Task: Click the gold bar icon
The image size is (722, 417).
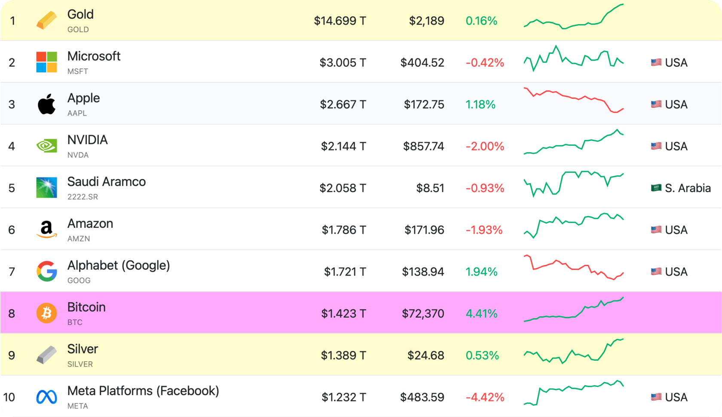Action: [x=46, y=21]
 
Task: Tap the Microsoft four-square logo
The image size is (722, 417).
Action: [x=46, y=62]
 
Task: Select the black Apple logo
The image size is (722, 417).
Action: [x=46, y=104]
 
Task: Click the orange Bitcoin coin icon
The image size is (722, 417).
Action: [x=46, y=313]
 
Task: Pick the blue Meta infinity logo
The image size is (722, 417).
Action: [x=46, y=397]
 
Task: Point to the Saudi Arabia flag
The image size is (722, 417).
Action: [x=656, y=188]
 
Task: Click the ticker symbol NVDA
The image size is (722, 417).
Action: [x=78, y=155]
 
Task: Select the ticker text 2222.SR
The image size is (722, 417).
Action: [x=83, y=197]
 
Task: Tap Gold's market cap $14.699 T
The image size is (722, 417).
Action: [x=340, y=21]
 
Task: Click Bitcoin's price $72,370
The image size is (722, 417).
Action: [x=423, y=313]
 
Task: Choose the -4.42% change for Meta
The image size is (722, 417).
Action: [x=485, y=397]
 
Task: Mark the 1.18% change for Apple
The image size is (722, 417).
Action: [x=480, y=104]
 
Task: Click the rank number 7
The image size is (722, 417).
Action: [x=12, y=272]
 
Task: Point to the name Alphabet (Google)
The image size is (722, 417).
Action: [x=119, y=265]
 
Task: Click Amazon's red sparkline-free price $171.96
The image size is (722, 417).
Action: [x=424, y=230]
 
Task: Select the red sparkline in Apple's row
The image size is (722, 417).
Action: [x=573, y=100]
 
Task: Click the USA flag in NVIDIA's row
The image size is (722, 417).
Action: [x=656, y=146]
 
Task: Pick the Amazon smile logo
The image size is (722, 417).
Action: [x=46, y=230]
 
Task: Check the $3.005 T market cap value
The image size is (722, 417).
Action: [x=343, y=63]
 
